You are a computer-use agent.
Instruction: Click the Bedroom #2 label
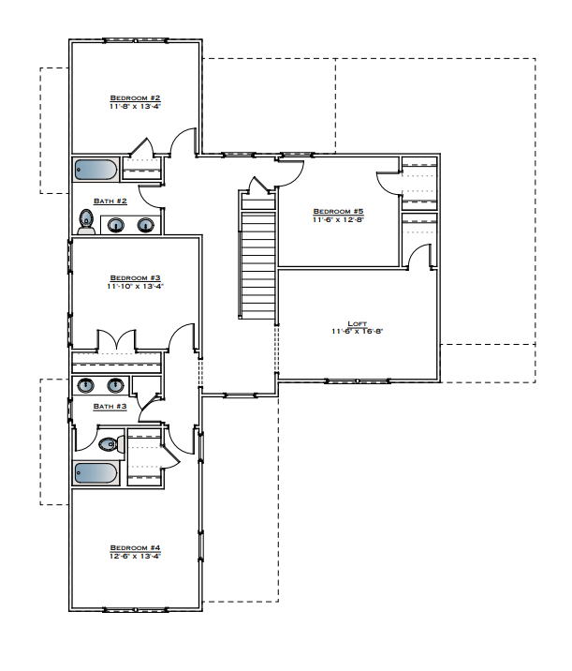tap(136, 97)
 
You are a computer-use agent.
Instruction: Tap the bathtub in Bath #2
tap(95, 171)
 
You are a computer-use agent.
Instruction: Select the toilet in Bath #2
tap(86, 222)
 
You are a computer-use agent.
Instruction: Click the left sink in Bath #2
tap(117, 225)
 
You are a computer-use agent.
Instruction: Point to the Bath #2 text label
tap(110, 201)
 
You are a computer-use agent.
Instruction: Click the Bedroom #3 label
tap(136, 277)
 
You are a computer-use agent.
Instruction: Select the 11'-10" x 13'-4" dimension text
tap(136, 286)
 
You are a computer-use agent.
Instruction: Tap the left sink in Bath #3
tap(86, 384)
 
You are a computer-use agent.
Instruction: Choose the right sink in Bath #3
tap(116, 384)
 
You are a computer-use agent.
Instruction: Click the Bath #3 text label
tap(110, 406)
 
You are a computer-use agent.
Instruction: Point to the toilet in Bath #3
tap(110, 444)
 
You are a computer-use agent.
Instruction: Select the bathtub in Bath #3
tap(96, 474)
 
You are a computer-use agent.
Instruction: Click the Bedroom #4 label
tap(136, 547)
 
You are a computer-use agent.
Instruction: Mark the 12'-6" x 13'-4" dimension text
tap(136, 556)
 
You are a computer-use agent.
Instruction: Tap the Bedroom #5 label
tap(338, 211)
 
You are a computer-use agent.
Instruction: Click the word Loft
tap(357, 322)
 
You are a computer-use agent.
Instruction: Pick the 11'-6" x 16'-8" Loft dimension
tap(357, 331)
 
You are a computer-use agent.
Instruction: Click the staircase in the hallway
tap(257, 262)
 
